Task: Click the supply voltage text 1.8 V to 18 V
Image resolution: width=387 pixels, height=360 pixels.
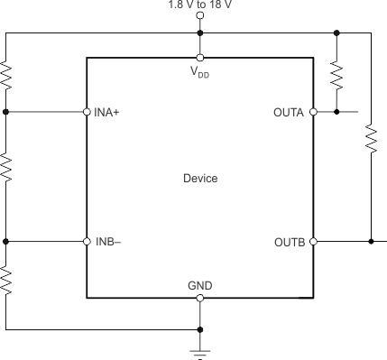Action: click(x=199, y=4)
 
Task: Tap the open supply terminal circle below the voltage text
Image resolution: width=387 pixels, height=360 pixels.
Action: click(x=199, y=16)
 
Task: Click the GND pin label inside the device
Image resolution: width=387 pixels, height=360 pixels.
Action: click(x=199, y=285)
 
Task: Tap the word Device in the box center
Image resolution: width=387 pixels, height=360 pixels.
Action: click(x=199, y=178)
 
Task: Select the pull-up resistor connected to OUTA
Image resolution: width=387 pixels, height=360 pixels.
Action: click(x=336, y=76)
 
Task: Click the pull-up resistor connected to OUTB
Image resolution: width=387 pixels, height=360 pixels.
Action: click(x=371, y=139)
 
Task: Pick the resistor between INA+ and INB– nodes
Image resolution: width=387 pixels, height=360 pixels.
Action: click(x=6, y=167)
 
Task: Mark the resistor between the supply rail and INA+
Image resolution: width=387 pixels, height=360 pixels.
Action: click(x=6, y=76)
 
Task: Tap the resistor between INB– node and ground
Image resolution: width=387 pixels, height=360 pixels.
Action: click(x=6, y=282)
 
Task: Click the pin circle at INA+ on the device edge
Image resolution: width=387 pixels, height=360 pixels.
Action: click(x=87, y=113)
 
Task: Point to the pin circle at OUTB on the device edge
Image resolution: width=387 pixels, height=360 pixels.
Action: click(x=312, y=242)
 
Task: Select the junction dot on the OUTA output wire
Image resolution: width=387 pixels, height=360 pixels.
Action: click(x=336, y=113)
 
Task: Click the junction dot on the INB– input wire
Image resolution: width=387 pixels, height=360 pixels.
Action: click(x=6, y=242)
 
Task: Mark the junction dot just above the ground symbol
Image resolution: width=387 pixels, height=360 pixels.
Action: click(x=199, y=330)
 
